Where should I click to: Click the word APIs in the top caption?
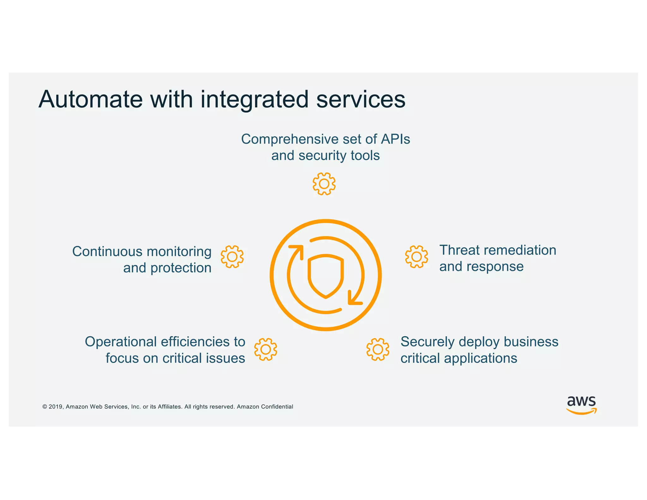click(x=395, y=139)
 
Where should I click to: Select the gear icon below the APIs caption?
click(x=324, y=184)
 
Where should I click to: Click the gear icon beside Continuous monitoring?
click(x=232, y=257)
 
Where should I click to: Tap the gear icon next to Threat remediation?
click(x=416, y=257)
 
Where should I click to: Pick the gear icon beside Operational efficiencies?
click(x=265, y=349)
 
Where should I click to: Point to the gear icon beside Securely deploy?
click(x=378, y=349)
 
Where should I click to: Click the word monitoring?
click(x=179, y=252)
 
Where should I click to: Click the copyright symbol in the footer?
click(x=45, y=407)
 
